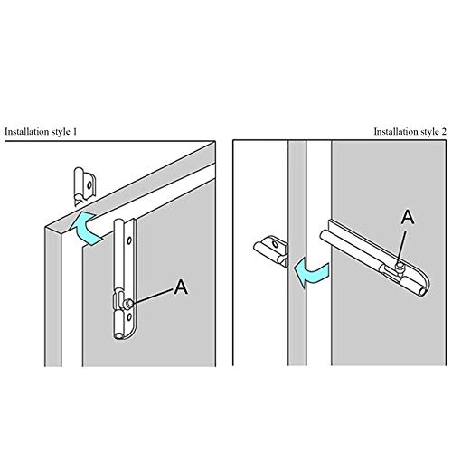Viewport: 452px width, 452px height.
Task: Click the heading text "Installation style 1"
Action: coord(41,132)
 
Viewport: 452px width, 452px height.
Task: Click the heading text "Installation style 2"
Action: coord(410,132)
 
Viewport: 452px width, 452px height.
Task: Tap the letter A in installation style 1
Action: coord(181,287)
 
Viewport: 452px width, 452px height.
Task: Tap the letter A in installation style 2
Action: coord(408,217)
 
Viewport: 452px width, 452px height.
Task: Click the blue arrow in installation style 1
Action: coord(86,228)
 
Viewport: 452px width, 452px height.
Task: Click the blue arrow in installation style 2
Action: coord(312,272)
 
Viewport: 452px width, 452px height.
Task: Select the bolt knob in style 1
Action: coord(129,304)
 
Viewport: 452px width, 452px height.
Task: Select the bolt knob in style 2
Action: coord(400,267)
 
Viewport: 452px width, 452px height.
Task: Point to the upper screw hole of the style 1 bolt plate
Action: coord(129,240)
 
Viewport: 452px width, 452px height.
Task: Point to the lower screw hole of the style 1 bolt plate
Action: coord(129,316)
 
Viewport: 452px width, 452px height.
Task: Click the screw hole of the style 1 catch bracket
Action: coord(89,184)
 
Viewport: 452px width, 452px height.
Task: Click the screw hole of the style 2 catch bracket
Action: coord(275,244)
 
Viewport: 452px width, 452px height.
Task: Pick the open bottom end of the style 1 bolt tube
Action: coord(119,335)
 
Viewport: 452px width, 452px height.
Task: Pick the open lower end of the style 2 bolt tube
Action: coord(422,292)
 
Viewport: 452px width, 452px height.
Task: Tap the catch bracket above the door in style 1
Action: coord(84,186)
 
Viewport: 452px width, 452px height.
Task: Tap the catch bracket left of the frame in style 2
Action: coord(270,250)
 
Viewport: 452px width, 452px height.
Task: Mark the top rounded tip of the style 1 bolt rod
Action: coord(119,220)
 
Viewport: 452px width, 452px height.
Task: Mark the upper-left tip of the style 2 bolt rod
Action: coord(322,234)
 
